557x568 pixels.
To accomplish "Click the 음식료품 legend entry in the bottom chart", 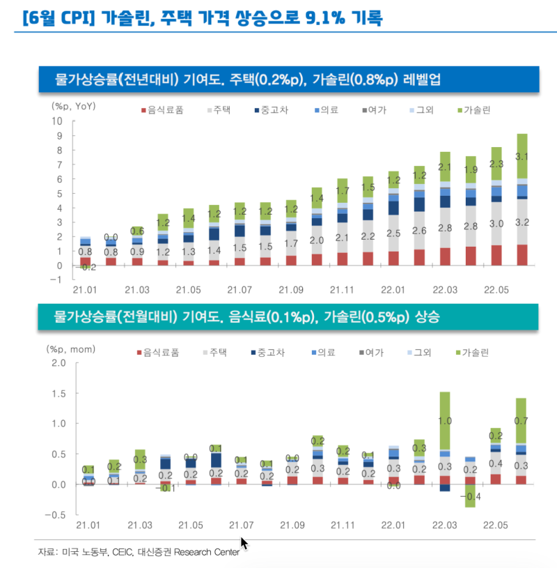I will coord(161,353).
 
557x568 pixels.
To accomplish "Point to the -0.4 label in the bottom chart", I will coord(470,496).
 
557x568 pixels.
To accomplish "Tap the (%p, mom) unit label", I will coord(71,348).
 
